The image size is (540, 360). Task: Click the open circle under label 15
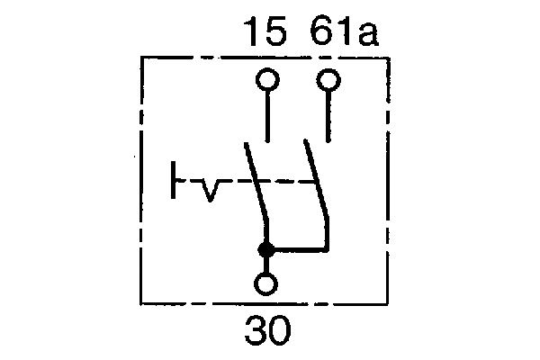267,82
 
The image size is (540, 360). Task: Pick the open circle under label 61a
330,82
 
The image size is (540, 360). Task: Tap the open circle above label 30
266,283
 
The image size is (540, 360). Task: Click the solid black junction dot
266,249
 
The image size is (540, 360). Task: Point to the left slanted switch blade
256,184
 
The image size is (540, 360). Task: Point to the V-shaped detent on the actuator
208,190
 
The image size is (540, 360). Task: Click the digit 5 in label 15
275,34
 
